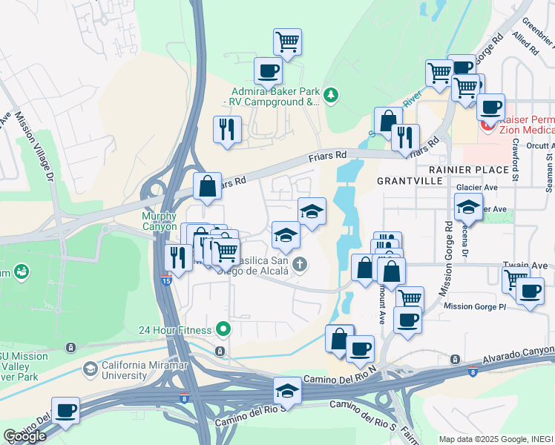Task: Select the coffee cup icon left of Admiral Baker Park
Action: [268, 71]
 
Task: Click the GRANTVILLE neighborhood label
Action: [410, 180]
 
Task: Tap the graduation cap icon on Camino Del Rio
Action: [287, 390]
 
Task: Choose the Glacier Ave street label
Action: [477, 188]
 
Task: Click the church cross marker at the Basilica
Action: [300, 263]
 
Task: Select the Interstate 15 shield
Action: [168, 281]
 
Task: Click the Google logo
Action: [24, 436]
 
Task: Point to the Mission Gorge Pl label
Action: [475, 306]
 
